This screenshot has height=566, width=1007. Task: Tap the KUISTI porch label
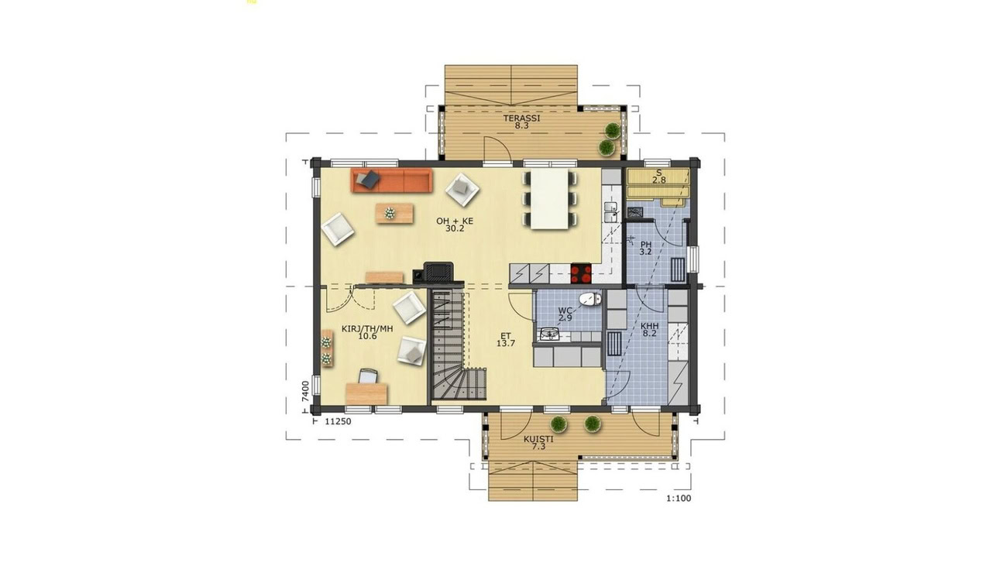[x=538, y=439]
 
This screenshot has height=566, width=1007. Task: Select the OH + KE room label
[x=455, y=221]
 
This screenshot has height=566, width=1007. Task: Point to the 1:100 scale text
[x=679, y=498]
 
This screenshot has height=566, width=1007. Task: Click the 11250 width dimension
[x=338, y=421]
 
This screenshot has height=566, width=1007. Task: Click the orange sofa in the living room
[x=391, y=180]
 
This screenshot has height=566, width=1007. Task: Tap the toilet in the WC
[x=590, y=299]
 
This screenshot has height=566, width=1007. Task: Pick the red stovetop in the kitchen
[x=581, y=273]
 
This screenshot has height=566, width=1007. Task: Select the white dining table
[x=549, y=199]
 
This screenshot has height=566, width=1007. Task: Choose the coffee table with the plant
[x=394, y=214]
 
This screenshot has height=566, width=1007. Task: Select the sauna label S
[x=659, y=173]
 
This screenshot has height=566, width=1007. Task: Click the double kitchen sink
[x=611, y=212]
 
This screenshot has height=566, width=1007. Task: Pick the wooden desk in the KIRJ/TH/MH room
[x=366, y=394]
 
